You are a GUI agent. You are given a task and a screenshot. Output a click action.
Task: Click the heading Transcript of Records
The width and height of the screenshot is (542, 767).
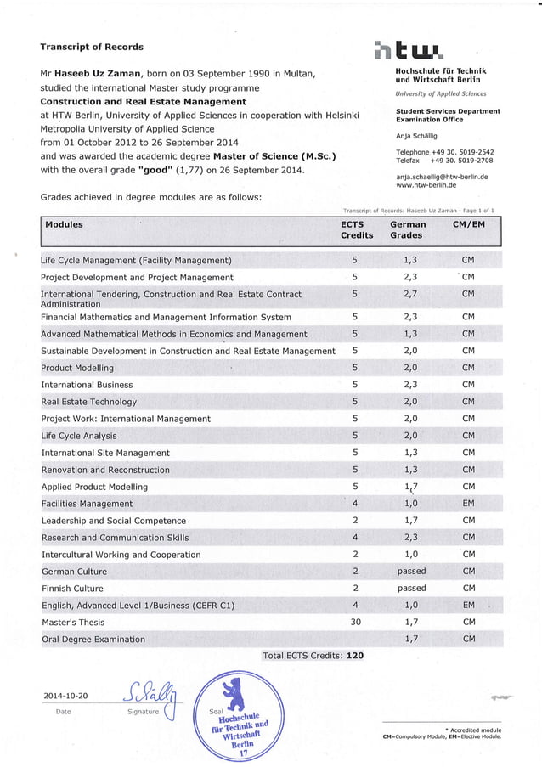tap(92, 47)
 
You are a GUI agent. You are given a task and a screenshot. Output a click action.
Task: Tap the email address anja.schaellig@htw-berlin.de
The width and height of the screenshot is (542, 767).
tap(442, 177)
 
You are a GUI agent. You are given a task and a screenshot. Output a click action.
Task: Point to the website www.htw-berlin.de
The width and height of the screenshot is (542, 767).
tap(426, 185)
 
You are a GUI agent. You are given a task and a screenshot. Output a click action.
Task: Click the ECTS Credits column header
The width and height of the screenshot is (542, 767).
tap(357, 229)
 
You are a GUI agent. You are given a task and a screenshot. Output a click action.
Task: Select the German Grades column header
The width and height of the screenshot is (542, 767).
tap(406, 229)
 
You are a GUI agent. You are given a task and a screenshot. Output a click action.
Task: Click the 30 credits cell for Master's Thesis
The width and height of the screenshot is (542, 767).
tap(355, 622)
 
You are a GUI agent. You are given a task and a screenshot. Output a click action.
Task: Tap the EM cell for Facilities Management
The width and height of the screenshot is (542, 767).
tap(468, 504)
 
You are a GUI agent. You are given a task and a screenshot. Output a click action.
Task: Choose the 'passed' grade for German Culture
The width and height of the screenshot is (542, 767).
tap(411, 571)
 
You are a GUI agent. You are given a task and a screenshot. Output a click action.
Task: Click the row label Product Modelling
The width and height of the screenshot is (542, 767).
tap(77, 368)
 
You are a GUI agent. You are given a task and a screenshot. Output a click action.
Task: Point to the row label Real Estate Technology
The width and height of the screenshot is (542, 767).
tap(88, 402)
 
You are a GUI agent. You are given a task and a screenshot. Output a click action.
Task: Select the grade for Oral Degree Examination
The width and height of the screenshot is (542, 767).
tap(411, 639)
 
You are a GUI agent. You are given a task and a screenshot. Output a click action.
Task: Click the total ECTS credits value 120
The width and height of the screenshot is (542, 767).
tap(355, 656)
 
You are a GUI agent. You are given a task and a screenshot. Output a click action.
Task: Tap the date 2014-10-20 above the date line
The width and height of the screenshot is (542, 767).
tap(65, 697)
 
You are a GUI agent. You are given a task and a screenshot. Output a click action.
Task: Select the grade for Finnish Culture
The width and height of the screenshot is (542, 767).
tap(411, 588)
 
